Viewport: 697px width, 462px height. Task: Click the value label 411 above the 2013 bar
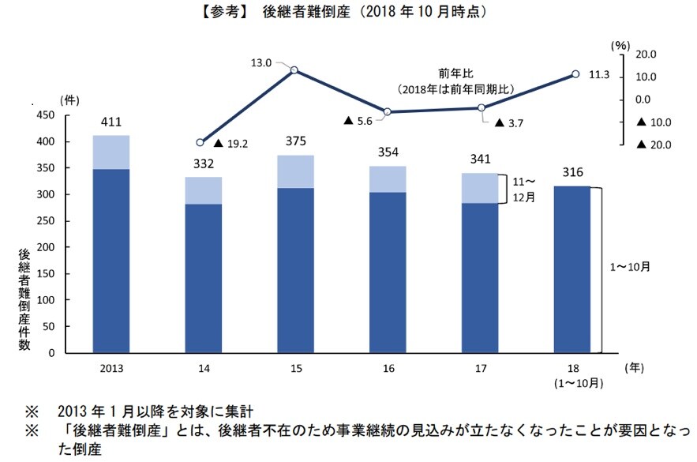point(111,122)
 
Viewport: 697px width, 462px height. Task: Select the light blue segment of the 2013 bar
point(111,152)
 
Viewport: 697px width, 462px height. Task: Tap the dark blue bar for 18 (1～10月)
point(571,269)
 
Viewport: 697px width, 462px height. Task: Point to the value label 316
point(571,174)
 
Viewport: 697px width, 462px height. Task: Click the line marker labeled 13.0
point(294,70)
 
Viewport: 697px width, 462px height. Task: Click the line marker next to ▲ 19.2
point(200,143)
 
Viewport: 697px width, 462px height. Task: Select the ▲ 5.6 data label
point(359,121)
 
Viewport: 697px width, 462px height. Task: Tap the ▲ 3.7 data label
point(509,123)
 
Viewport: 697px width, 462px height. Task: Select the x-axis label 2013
point(111,369)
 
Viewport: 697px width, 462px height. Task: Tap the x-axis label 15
point(295,369)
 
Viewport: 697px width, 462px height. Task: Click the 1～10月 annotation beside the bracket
point(631,267)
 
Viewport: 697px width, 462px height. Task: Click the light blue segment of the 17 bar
point(480,188)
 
